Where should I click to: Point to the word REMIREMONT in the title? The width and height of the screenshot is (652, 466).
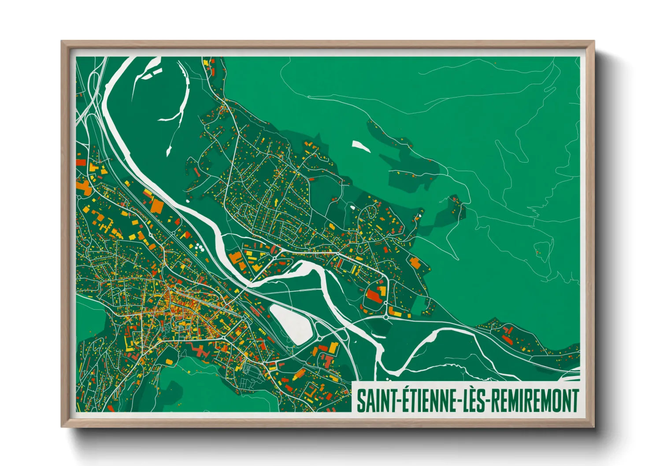[x=534, y=400]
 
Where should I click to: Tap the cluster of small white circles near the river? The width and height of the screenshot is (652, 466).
[x=199, y=247]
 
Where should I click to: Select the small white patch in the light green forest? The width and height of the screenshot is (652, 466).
[x=361, y=146]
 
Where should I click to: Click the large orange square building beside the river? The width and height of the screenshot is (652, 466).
[x=157, y=206]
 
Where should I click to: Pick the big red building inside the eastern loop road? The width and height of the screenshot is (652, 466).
[x=374, y=296]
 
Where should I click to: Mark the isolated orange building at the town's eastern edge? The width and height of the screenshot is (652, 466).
[x=415, y=263]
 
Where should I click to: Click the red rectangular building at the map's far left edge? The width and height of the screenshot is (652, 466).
[x=81, y=162]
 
